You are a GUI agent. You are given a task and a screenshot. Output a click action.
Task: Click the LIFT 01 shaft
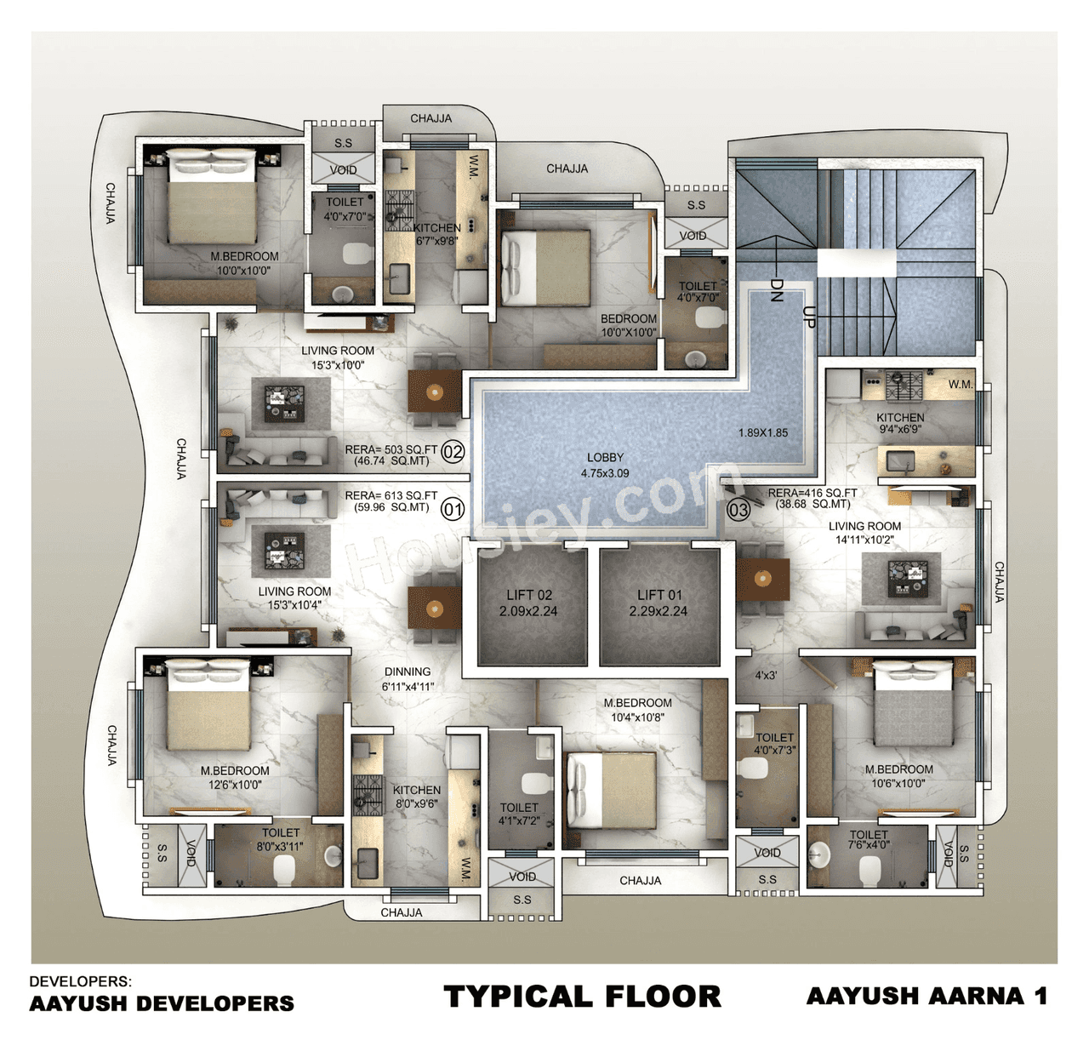[659, 603]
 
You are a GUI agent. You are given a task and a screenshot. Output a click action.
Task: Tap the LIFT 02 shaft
[530, 603]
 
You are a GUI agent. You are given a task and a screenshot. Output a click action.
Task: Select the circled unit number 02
[453, 452]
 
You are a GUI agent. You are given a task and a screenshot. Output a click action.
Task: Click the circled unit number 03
[738, 511]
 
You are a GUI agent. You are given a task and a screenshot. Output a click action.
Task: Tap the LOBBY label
[605, 465]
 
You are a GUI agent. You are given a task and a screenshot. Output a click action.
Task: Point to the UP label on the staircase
[809, 317]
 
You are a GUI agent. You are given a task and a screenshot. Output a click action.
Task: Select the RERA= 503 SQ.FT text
[391, 449]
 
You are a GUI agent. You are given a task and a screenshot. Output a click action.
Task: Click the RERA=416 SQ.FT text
[812, 493]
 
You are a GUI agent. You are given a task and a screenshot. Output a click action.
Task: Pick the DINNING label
[408, 671]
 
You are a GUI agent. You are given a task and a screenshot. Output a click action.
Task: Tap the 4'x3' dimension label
[766, 675]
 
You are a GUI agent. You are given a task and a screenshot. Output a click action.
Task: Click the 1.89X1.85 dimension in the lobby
[762, 432]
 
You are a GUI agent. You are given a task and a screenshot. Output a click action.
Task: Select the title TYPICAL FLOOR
[582, 997]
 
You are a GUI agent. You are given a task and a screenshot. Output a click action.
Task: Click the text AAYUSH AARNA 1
[927, 996]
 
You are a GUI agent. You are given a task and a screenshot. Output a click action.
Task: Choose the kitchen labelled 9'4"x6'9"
[900, 424]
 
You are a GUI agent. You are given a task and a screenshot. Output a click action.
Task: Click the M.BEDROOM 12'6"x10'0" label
[235, 777]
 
